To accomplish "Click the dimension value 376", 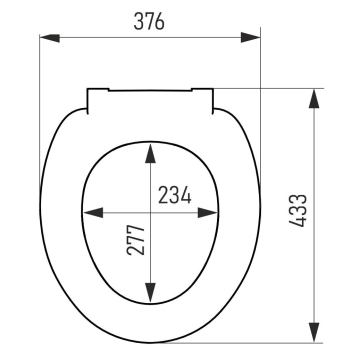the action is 149,22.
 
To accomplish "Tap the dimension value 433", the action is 297,210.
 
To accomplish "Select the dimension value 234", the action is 175,195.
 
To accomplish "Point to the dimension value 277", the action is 136,240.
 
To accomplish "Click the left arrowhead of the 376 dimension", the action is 50,38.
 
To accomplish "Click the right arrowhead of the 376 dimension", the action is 250,37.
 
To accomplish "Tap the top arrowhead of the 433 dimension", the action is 314,99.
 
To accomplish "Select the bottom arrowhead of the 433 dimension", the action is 314,332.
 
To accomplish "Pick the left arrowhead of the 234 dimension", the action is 93,212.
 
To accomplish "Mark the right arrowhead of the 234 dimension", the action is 208,212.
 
